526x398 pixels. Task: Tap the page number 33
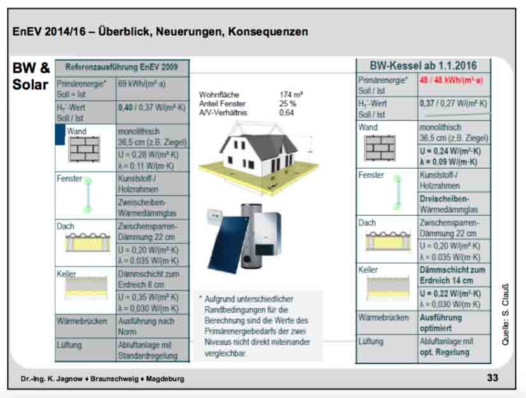(x=492, y=378)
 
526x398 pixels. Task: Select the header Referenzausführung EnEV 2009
(x=122, y=66)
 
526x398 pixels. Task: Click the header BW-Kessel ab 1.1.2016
(x=423, y=66)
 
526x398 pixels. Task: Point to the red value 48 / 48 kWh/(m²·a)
(x=451, y=80)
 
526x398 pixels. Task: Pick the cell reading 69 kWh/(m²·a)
(x=142, y=83)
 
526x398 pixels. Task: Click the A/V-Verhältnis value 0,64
(x=287, y=112)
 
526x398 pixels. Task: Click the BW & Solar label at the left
(x=31, y=76)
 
